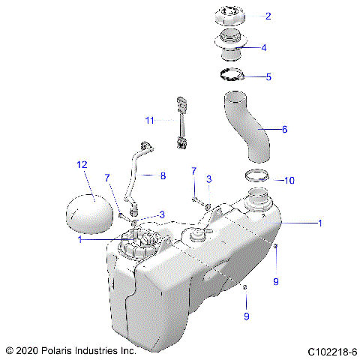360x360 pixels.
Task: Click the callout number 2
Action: [x=268, y=16]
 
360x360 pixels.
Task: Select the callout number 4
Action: [x=262, y=47]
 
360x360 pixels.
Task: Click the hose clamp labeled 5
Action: [x=232, y=75]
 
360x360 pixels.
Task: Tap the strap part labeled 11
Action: [x=181, y=121]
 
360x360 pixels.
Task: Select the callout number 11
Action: [x=149, y=120]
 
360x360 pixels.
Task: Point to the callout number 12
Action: [x=82, y=163]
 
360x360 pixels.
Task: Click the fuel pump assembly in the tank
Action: [x=142, y=244]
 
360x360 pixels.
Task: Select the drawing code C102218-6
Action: [x=331, y=351]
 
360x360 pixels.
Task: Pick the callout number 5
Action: [x=269, y=76]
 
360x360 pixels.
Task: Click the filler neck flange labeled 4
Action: [x=232, y=43]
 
